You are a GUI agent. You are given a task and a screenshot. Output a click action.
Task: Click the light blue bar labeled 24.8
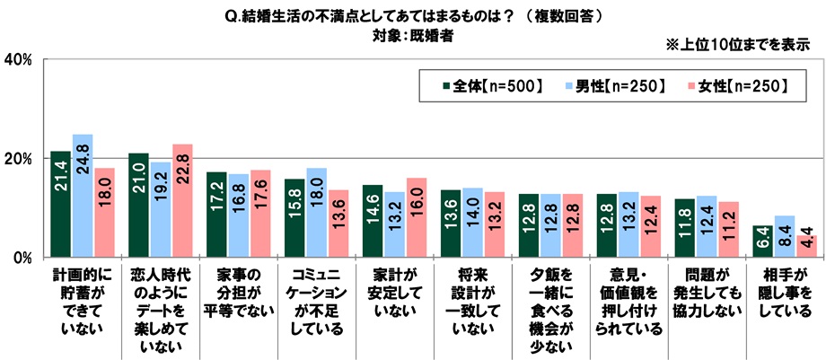tap(83, 196)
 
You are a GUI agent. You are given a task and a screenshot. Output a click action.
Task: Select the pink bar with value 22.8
tap(182, 201)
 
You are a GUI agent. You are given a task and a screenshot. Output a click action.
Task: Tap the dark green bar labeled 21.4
tap(61, 205)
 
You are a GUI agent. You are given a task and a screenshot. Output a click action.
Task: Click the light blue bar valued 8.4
tap(784, 237)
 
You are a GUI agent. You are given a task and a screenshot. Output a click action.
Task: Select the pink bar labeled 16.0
tap(416, 217)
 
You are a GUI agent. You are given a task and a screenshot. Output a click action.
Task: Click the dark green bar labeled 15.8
tap(294, 218)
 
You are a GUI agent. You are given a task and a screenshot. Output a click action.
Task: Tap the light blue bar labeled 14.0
tap(471, 223)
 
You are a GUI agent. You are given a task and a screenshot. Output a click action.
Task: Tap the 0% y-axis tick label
tap(22, 258)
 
